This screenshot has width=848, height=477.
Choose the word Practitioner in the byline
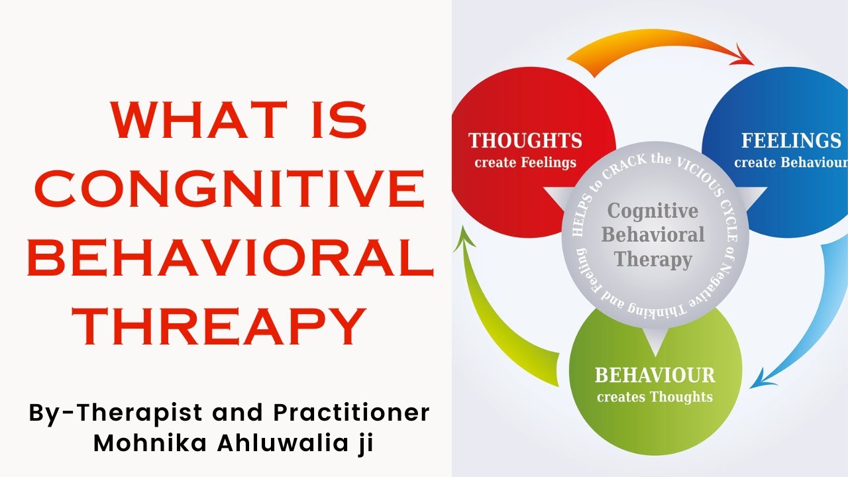[x=351, y=412]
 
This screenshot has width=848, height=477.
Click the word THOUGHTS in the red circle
[x=525, y=141]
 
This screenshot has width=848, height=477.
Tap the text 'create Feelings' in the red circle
[x=525, y=162]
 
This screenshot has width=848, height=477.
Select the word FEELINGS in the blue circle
[x=790, y=141]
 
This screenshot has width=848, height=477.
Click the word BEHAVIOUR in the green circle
[x=655, y=376]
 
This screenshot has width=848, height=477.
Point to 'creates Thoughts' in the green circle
[x=655, y=397]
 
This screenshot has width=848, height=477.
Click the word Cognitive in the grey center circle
[x=653, y=211]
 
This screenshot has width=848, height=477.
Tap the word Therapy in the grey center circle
[x=653, y=259]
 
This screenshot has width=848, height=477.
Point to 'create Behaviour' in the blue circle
[x=790, y=162]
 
